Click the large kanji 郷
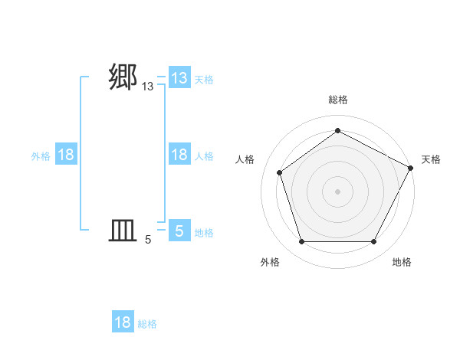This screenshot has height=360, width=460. click(123, 77)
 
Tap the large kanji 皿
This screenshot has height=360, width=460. click(123, 230)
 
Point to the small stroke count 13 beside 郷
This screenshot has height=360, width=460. click(148, 87)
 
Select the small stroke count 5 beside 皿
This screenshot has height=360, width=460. click(148, 240)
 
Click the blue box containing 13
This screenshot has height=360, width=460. click(179, 78)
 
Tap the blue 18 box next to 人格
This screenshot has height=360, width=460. click(179, 155)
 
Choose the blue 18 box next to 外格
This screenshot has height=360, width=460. click(66, 155)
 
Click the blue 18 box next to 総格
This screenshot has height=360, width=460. click(123, 322)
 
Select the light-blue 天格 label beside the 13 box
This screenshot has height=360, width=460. click(204, 79)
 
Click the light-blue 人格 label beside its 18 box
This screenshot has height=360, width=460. click(204, 155)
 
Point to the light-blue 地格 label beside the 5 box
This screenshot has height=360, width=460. click(204, 232)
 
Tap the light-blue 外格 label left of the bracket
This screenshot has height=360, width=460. click(41, 155)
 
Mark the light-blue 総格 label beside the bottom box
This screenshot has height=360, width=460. click(147, 323)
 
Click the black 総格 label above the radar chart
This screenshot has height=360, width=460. click(337, 100)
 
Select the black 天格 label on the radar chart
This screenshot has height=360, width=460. click(431, 159)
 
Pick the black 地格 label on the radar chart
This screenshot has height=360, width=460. click(402, 262)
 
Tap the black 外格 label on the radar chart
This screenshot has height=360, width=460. click(270, 262)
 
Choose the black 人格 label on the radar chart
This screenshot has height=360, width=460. click(245, 159)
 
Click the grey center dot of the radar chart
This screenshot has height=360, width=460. click(337, 191)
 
